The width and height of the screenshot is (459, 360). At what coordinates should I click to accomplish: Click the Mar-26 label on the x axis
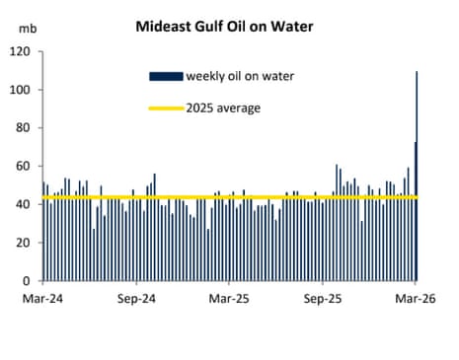(x=416, y=296)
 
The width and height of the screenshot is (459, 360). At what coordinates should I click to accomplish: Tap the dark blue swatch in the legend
(x=166, y=76)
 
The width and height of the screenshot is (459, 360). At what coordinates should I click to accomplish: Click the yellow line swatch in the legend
(x=166, y=108)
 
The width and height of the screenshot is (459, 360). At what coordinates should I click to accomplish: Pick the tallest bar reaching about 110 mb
(x=417, y=178)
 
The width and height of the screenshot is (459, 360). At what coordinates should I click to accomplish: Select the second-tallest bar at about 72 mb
(x=414, y=212)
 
